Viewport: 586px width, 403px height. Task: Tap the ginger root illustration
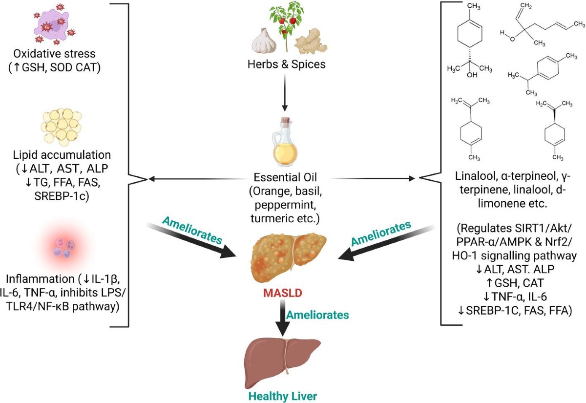(x=311, y=42)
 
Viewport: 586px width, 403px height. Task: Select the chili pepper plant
(x=287, y=25)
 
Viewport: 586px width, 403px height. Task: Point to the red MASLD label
(x=283, y=293)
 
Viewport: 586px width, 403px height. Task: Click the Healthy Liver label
(x=283, y=396)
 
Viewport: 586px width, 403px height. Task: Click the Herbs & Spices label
(x=287, y=64)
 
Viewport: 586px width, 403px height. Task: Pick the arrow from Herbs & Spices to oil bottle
(x=285, y=92)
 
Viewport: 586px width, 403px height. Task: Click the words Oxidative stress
(x=54, y=54)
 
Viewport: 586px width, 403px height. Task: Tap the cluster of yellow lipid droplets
(x=62, y=127)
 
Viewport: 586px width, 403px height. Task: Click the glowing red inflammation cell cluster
(x=64, y=247)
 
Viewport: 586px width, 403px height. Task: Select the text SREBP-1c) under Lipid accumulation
(x=62, y=196)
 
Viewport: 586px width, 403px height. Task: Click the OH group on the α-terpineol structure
(x=472, y=75)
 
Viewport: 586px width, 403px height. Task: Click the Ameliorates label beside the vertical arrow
(x=317, y=315)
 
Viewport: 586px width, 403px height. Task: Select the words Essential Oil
(x=285, y=177)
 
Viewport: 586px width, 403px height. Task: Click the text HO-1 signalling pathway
(x=514, y=255)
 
